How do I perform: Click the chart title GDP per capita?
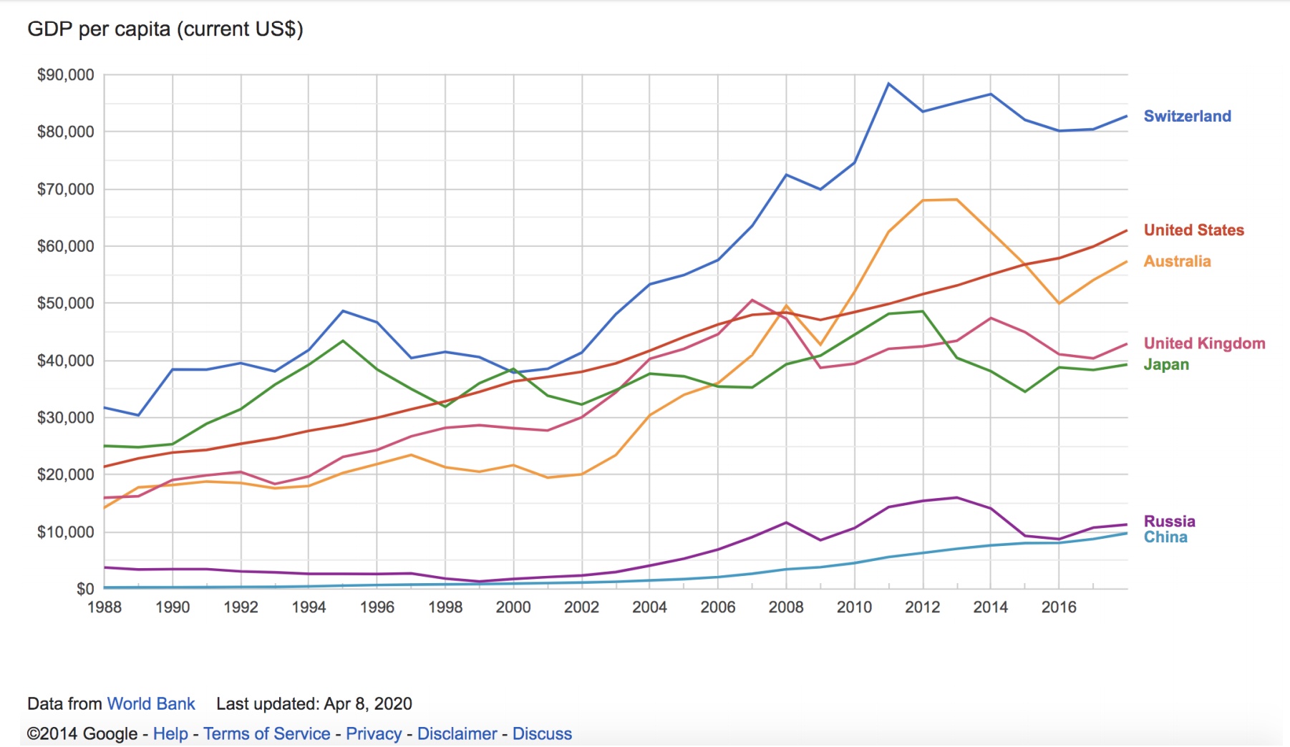pyautogui.click(x=165, y=29)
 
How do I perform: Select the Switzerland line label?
pyautogui.click(x=1187, y=116)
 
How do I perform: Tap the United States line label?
pyautogui.click(x=1193, y=230)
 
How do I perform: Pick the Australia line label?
pyautogui.click(x=1177, y=261)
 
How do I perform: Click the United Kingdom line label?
pyautogui.click(x=1204, y=343)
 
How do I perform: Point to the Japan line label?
pyautogui.click(x=1166, y=364)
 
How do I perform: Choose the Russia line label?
pyautogui.click(x=1169, y=521)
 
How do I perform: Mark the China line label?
pyautogui.click(x=1165, y=537)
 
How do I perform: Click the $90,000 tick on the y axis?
pyautogui.click(x=65, y=75)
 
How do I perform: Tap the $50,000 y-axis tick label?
pyautogui.click(x=65, y=303)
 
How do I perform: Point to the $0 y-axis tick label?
pyautogui.click(x=85, y=589)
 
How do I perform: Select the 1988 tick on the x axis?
pyautogui.click(x=105, y=607)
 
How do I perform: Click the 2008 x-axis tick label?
pyautogui.click(x=786, y=607)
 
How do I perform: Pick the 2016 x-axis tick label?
pyautogui.click(x=1059, y=607)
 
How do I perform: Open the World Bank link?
pyautogui.click(x=151, y=703)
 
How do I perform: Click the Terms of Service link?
pyautogui.click(x=266, y=733)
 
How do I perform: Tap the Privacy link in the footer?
pyautogui.click(x=374, y=733)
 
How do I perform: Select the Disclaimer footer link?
pyautogui.click(x=457, y=733)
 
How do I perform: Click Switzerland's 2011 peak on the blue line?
pyautogui.click(x=888, y=84)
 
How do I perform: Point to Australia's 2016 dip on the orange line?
pyautogui.click(x=1059, y=303)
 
